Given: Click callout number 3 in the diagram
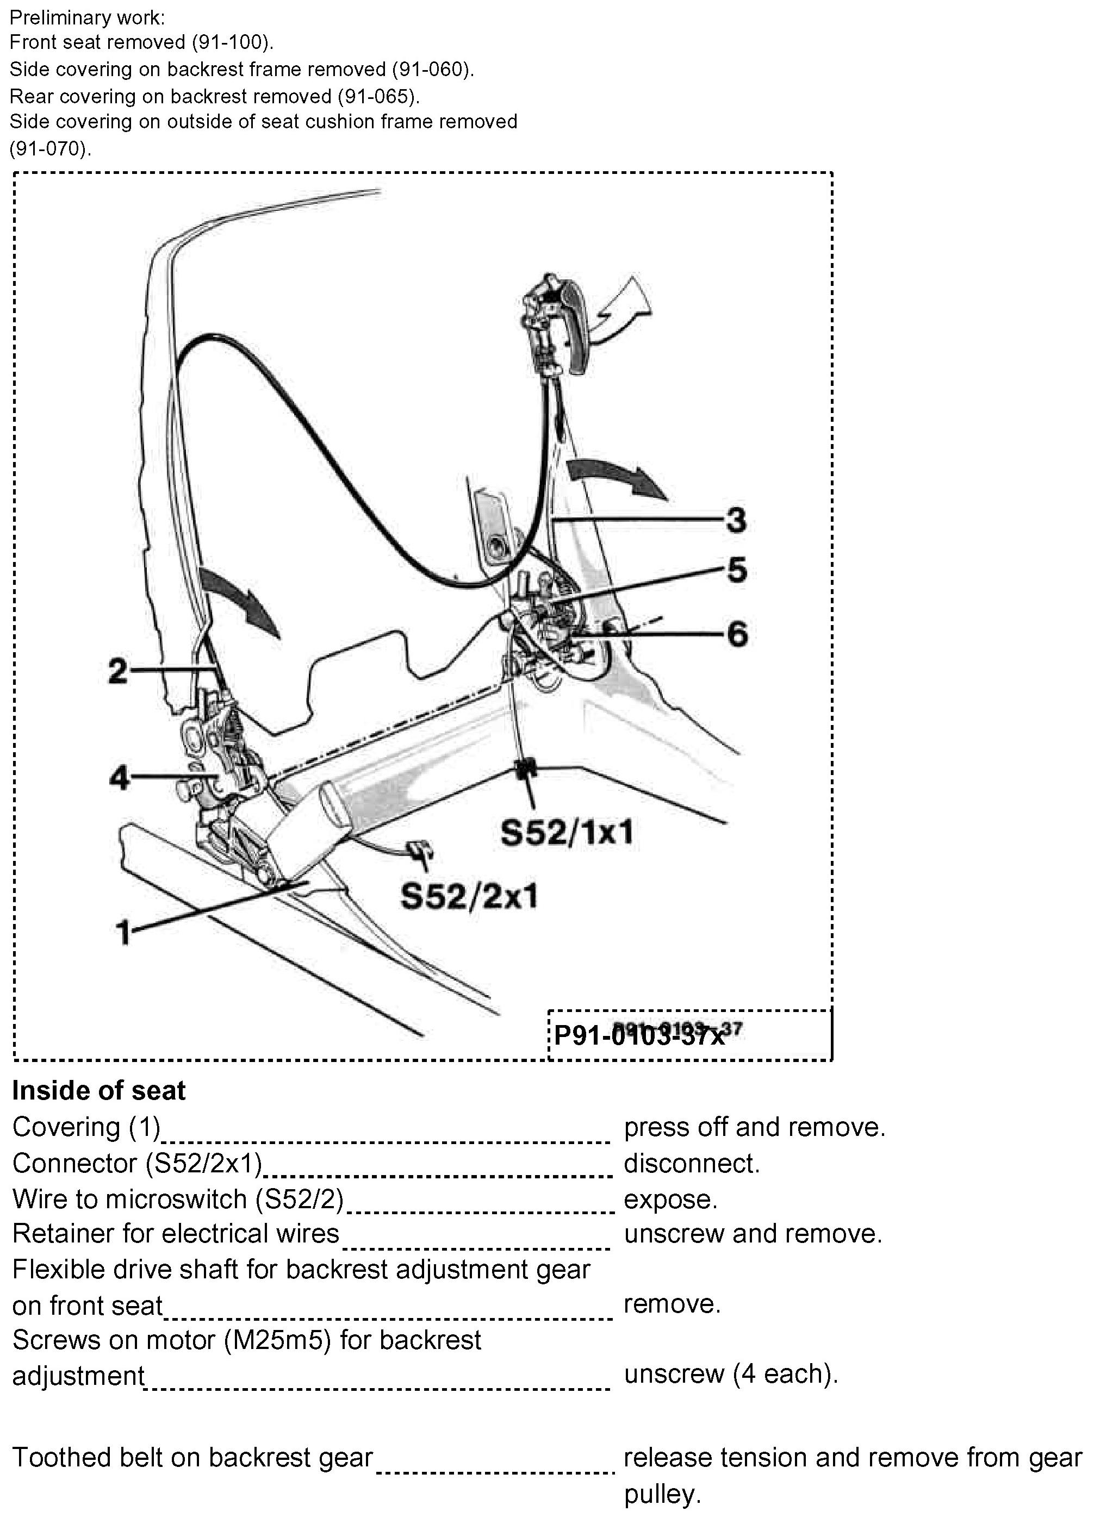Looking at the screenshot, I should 736,520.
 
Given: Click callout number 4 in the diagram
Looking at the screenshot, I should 119,778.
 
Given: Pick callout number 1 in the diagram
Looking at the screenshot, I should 123,933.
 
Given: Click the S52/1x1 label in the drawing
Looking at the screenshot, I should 567,833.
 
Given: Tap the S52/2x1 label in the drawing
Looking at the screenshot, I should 469,896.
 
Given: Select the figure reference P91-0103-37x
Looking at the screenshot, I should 639,1035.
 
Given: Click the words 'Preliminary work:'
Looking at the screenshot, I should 87,17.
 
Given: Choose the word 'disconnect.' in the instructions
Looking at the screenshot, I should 691,1163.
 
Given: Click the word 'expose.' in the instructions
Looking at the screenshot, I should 670,1200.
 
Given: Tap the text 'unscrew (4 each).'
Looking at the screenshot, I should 731,1374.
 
